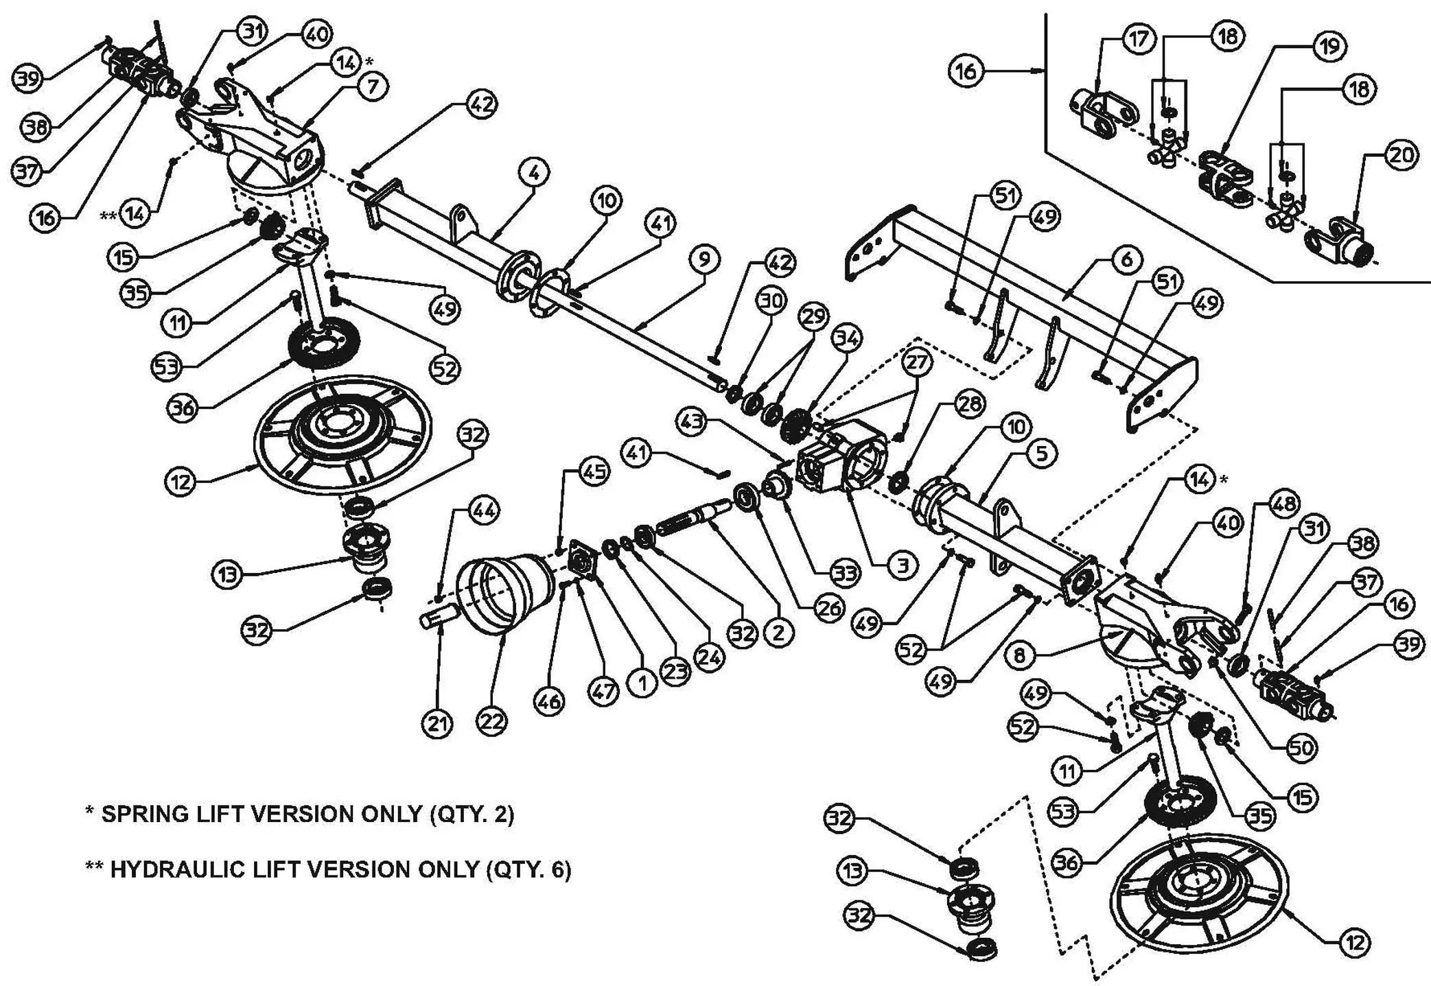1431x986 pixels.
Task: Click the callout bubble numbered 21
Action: (438, 723)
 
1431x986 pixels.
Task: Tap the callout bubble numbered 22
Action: (491, 721)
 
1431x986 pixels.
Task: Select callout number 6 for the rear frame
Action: (1126, 260)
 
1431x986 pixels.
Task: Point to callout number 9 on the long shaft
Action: (704, 259)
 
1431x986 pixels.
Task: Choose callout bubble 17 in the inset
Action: (1137, 38)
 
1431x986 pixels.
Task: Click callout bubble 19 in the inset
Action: (1329, 46)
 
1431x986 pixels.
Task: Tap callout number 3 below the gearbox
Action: (903, 565)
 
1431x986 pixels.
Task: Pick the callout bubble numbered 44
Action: (484, 511)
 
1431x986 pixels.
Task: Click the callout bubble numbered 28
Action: (969, 404)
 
